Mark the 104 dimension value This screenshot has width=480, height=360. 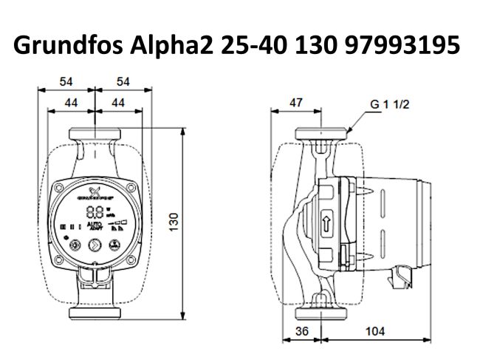(377, 330)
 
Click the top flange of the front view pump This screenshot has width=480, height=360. (95, 135)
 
